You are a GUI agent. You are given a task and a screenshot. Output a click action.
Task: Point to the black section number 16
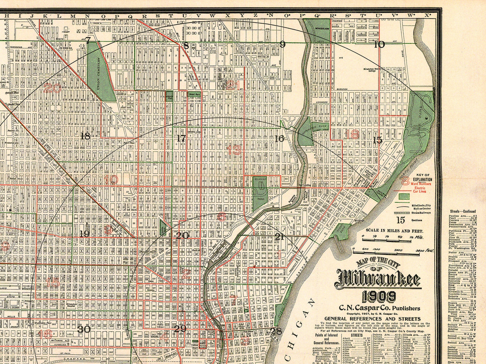tap(279, 139)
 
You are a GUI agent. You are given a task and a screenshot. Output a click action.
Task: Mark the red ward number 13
tap(235, 150)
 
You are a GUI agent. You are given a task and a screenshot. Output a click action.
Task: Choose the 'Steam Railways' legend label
tap(421, 212)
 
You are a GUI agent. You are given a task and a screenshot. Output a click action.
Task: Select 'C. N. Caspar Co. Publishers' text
tap(379, 308)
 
